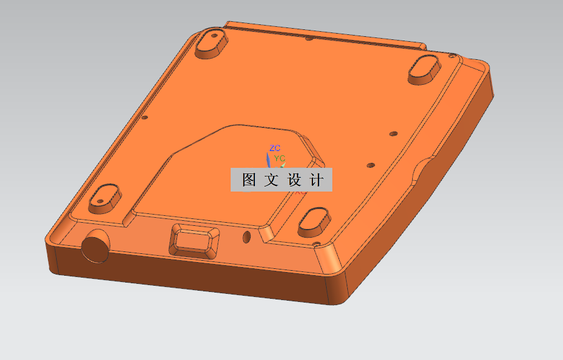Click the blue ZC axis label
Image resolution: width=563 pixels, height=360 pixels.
click(275, 148)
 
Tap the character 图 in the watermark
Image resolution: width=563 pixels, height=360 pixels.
click(249, 180)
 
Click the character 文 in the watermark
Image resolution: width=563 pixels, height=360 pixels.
click(272, 180)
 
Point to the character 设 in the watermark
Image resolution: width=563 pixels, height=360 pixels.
click(294, 180)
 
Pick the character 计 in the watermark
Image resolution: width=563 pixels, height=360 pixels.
click(317, 180)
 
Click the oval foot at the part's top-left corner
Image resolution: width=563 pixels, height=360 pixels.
click(211, 43)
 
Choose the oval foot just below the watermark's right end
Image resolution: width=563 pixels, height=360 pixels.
click(315, 221)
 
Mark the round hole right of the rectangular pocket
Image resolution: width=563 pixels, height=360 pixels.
click(246, 236)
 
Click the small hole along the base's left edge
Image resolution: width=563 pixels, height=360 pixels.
click(145, 117)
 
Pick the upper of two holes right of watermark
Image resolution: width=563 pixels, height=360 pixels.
click(392, 133)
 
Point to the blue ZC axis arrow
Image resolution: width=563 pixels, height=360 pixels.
click(269, 158)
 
